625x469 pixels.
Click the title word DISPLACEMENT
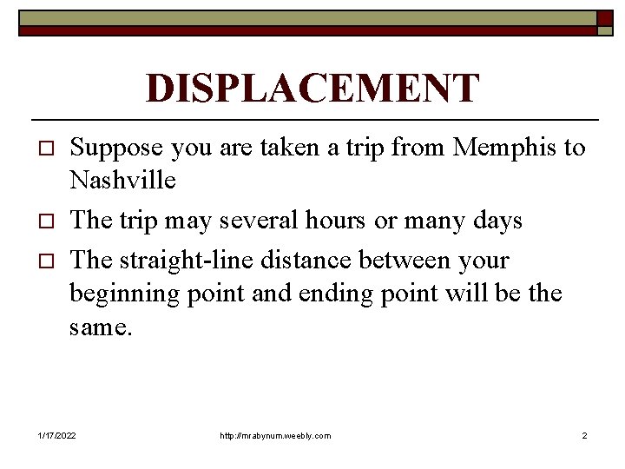(312, 89)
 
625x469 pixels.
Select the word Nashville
(122, 181)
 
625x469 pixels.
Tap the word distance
(291, 260)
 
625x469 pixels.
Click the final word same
(100, 328)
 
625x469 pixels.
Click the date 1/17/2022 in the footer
(57, 435)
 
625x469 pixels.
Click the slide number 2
(584, 435)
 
